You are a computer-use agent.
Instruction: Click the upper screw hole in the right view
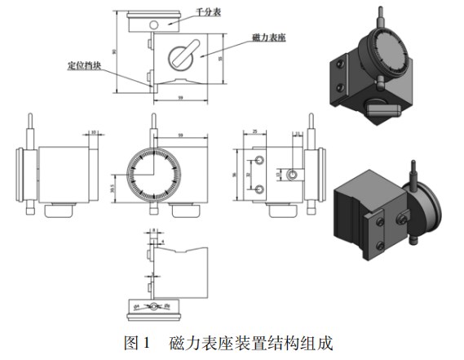pyautogui.click(x=259, y=158)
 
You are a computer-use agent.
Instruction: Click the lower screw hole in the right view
pyautogui.click(x=259, y=189)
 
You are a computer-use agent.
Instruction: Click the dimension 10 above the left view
pyautogui.click(x=94, y=131)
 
